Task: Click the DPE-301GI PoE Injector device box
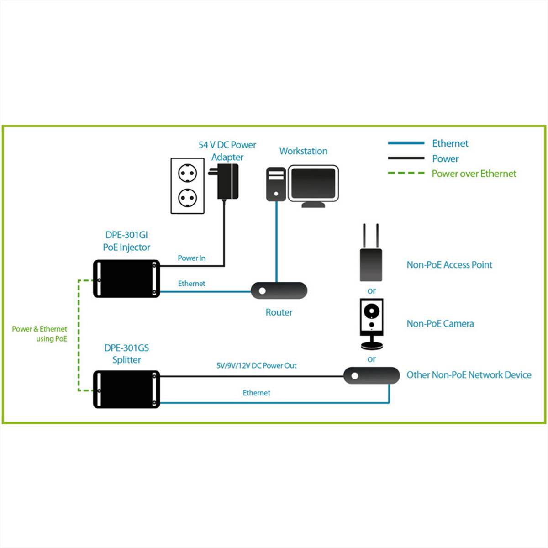126,279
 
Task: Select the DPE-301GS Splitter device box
126,389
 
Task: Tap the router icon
279,290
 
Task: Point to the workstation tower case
276,184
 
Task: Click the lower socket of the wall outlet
187,198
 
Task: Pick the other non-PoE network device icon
371,375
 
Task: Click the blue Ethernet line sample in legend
406,143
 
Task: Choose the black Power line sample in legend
406,158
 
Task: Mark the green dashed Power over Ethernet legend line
406,174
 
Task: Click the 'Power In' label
191,258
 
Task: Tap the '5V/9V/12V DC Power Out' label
256,365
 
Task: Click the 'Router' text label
279,312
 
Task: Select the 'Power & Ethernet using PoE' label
40,334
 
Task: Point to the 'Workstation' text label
303,151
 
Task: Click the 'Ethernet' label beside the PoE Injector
191,284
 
